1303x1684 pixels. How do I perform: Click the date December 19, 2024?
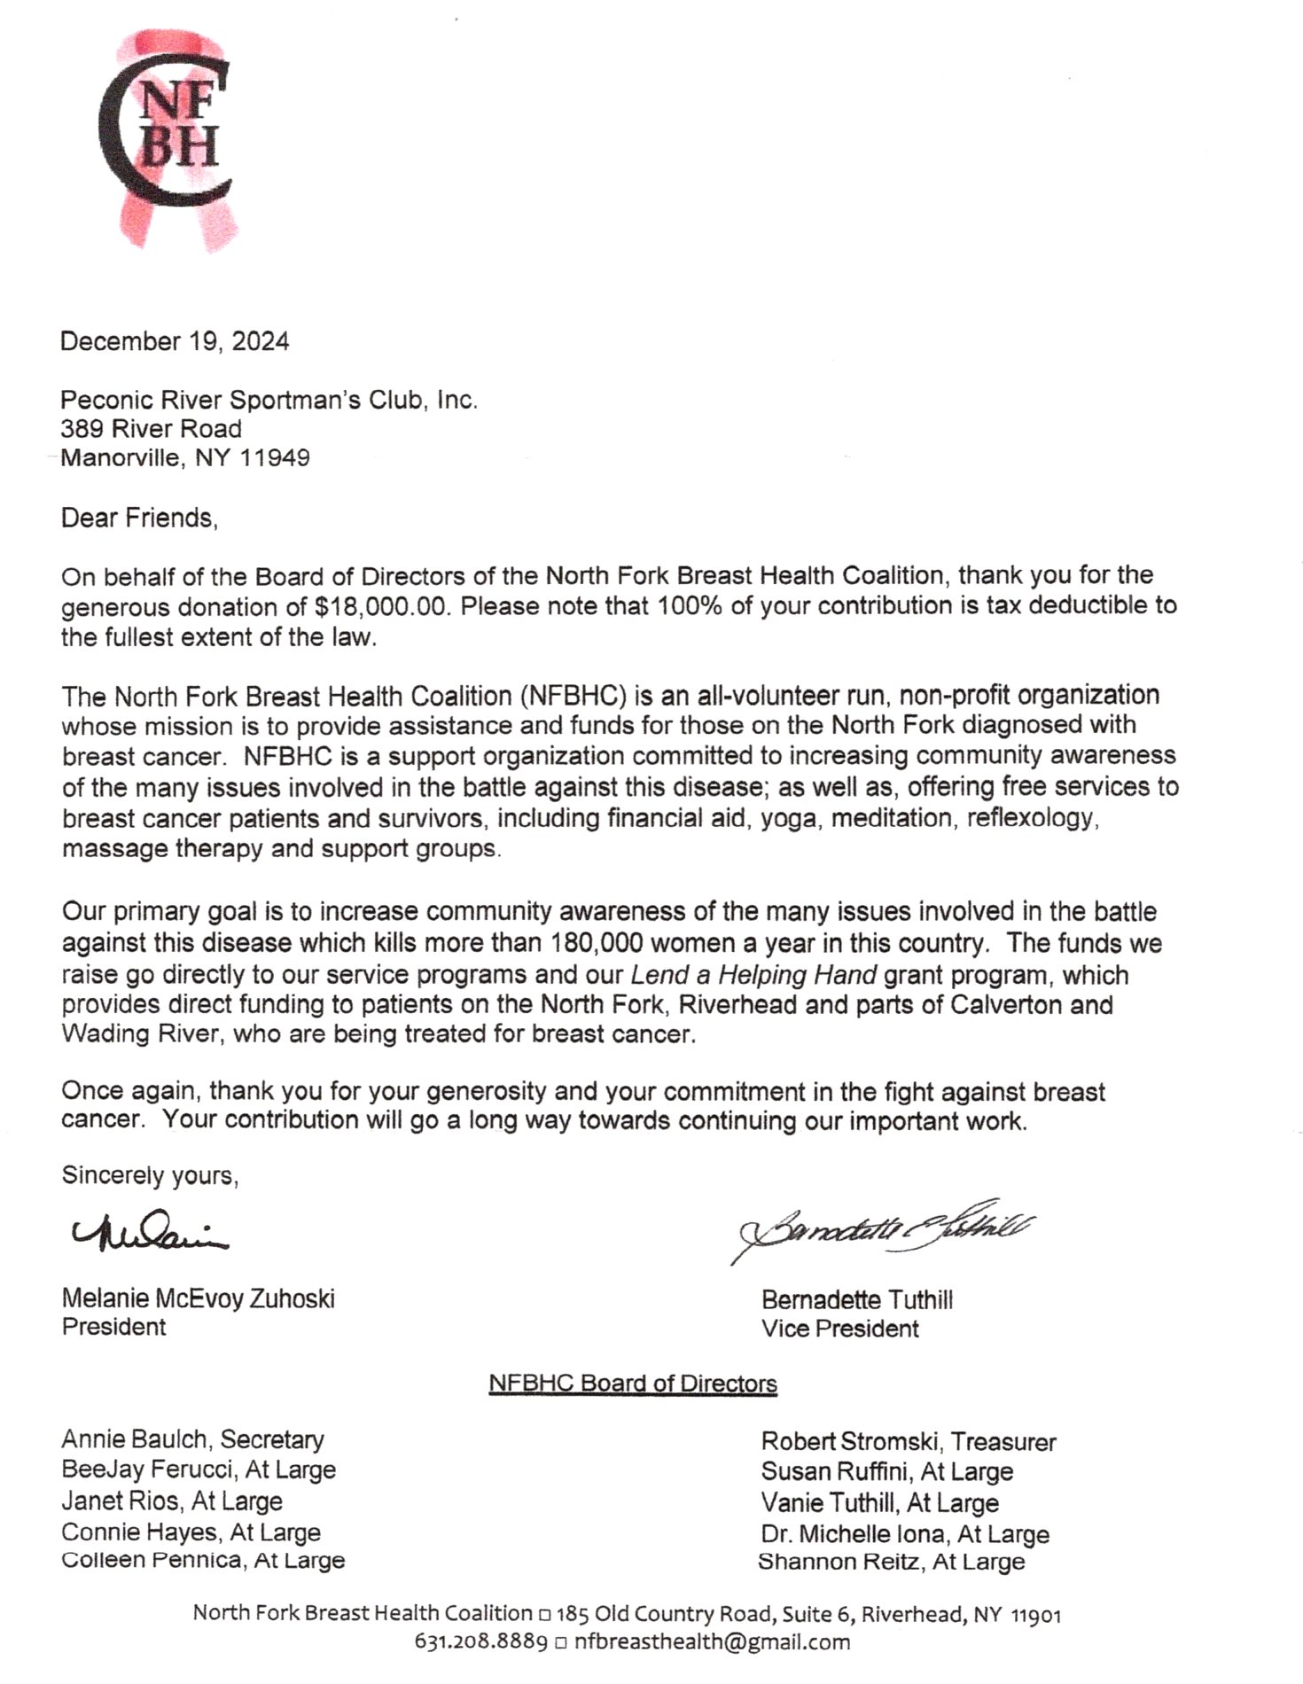[x=175, y=341]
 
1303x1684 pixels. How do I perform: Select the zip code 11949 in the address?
[x=275, y=458]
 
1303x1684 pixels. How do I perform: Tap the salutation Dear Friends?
[x=139, y=518]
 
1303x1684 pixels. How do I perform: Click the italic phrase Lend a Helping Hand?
[x=753, y=975]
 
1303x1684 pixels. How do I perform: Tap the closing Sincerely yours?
[x=150, y=1175]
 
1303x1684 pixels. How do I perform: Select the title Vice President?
[x=839, y=1329]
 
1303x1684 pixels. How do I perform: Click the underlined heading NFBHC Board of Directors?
[x=632, y=1384]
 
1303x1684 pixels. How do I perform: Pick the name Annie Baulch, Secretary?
[x=192, y=1439]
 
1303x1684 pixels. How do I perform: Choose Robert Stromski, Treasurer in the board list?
[x=908, y=1442]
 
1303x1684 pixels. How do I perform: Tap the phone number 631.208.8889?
[x=480, y=1641]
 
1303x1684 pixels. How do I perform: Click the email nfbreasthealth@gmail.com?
[x=712, y=1641]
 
